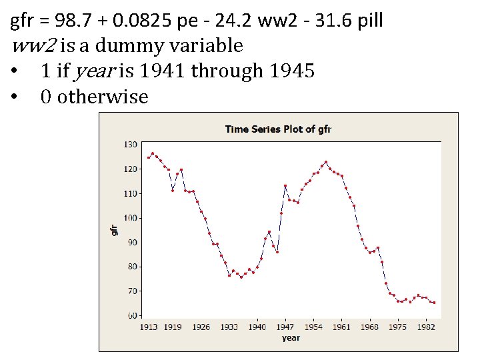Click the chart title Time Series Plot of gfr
[278, 129]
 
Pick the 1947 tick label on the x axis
[285, 327]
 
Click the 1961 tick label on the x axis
[341, 327]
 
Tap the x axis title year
[291, 338]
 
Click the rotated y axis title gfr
[113, 229]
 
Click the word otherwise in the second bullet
[103, 97]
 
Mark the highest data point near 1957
[326, 162]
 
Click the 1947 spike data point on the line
[285, 186]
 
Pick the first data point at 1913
[148, 157]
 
